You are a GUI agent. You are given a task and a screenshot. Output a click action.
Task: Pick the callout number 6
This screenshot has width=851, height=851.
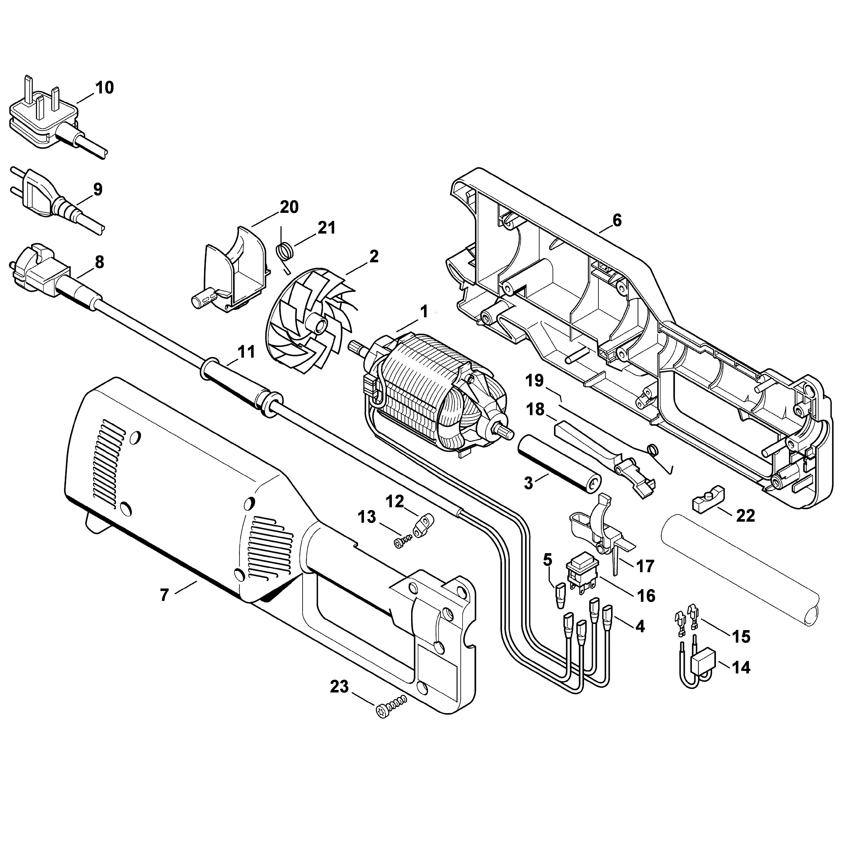coord(617,220)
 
